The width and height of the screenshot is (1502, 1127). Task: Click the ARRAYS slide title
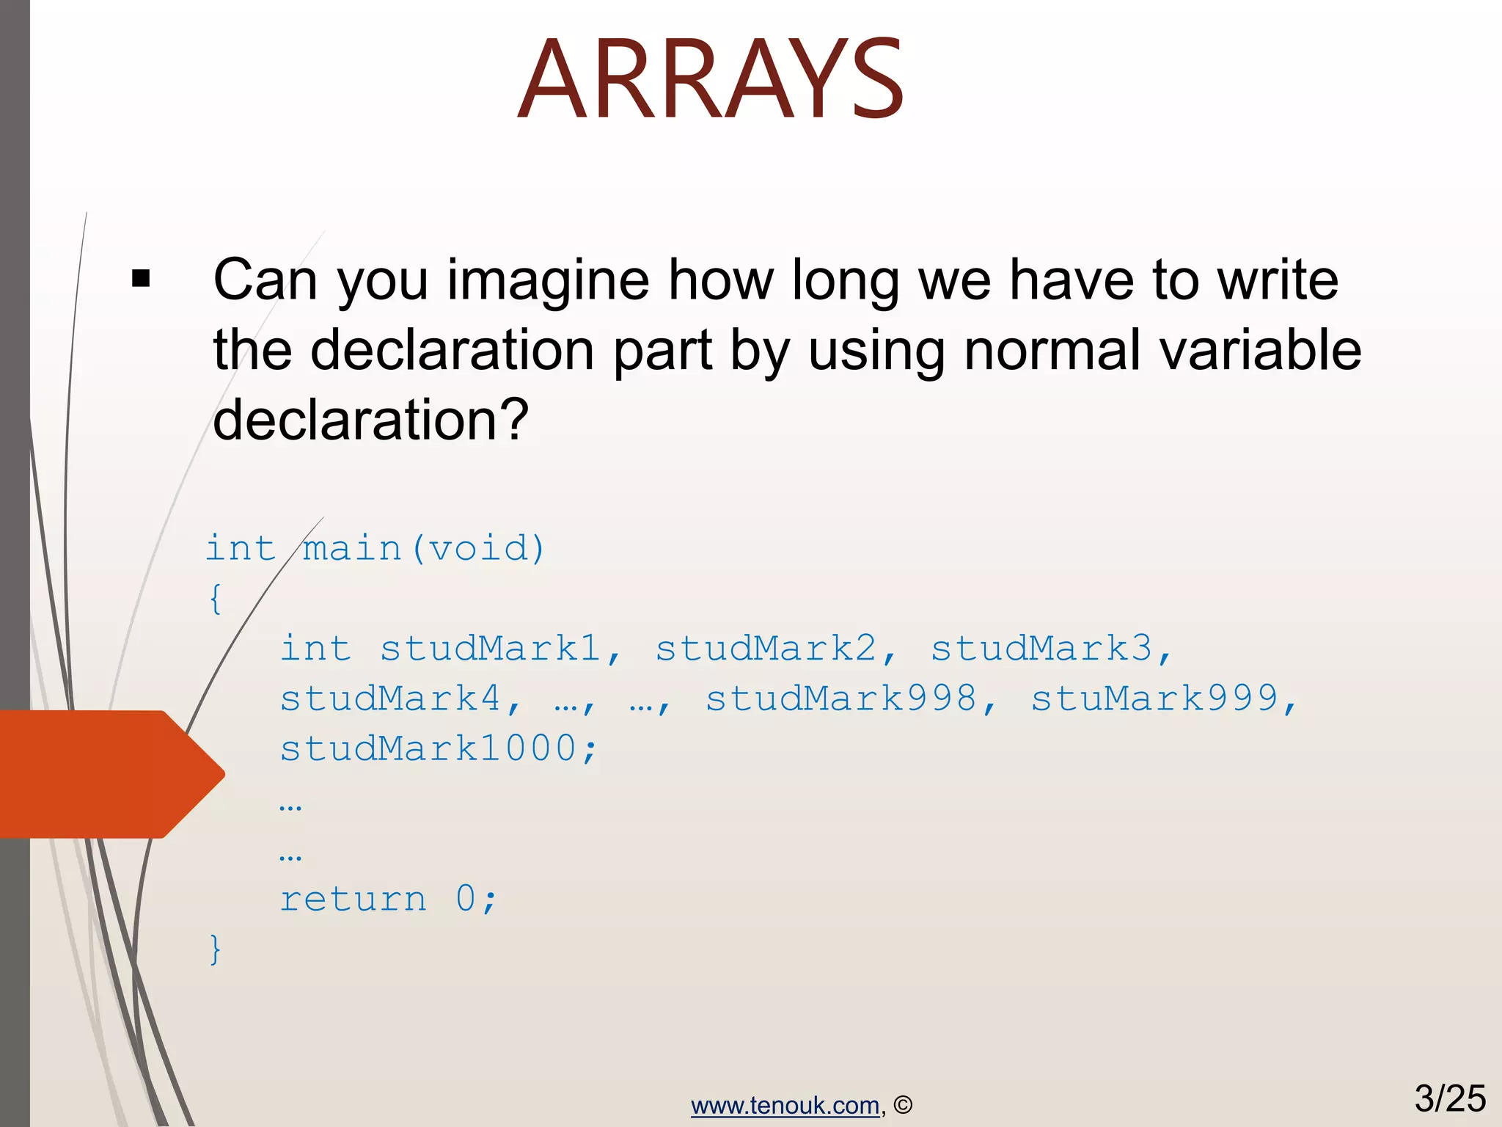tap(710, 79)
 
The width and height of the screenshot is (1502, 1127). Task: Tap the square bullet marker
tap(141, 279)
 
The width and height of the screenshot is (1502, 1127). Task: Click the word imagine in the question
tap(548, 280)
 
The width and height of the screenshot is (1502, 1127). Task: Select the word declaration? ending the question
tap(370, 420)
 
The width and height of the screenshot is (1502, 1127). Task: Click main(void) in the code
tap(425, 549)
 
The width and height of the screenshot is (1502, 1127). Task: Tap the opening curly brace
tap(215, 599)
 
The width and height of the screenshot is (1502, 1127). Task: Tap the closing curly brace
tap(215, 949)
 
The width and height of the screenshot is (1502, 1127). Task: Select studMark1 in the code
tap(490, 649)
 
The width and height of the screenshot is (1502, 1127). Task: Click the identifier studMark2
tap(766, 649)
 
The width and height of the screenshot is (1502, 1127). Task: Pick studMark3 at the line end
tap(1041, 649)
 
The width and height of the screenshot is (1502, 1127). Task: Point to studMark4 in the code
tap(390, 699)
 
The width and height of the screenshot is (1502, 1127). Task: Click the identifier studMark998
tap(840, 699)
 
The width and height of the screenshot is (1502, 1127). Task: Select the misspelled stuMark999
tap(1154, 699)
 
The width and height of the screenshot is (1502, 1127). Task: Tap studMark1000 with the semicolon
tap(439, 748)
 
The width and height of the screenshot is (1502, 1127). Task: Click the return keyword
tap(353, 900)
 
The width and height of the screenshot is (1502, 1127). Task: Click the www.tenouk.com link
tap(785, 1106)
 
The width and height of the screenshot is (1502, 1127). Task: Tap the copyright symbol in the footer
tap(904, 1106)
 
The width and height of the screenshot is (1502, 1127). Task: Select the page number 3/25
tap(1449, 1098)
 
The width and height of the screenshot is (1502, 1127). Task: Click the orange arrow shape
tap(110, 774)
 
